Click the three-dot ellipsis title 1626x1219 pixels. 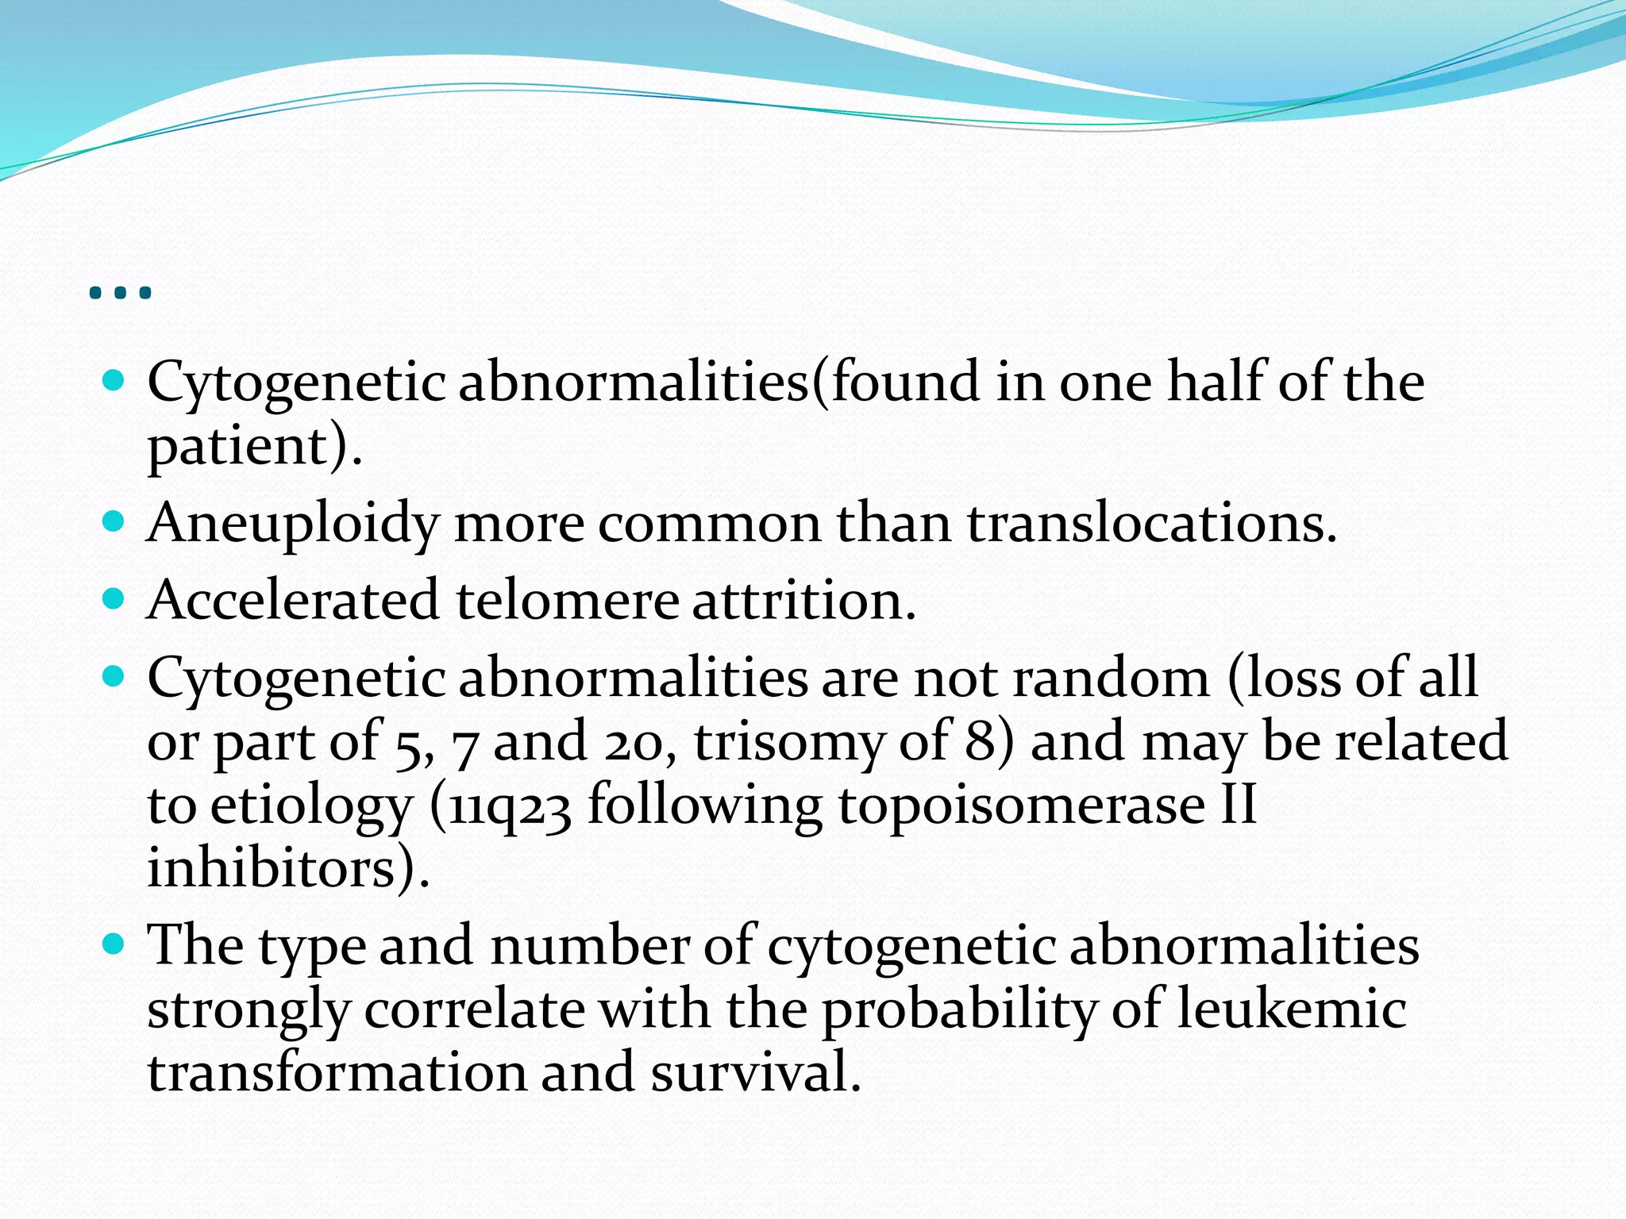[x=121, y=293]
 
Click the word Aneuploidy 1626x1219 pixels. [x=293, y=524]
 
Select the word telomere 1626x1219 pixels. [x=567, y=601]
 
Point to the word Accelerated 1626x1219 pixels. [x=293, y=601]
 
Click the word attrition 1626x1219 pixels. [x=803, y=601]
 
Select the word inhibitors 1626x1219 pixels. [x=282, y=868]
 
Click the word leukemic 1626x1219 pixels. [x=1292, y=1009]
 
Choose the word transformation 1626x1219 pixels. [x=337, y=1073]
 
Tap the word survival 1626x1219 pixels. [x=755, y=1073]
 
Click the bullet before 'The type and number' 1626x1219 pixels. [x=114, y=944]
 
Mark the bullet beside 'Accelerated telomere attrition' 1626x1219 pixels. [x=114, y=598]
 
